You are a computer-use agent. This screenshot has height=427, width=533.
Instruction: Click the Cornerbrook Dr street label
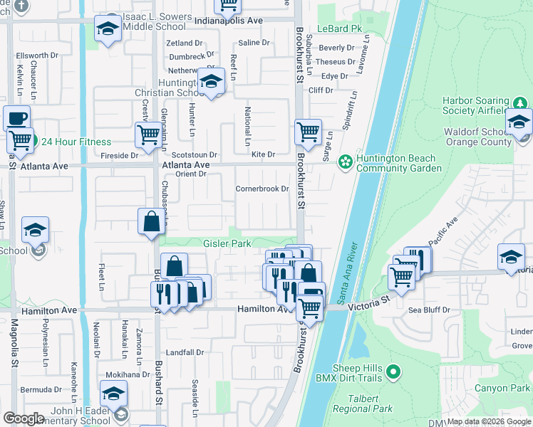point(262,189)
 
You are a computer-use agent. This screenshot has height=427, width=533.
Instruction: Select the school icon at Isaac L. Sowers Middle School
point(108,28)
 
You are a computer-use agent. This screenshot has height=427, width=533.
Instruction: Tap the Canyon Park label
point(503,388)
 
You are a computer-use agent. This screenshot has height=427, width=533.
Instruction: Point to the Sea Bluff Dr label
point(430,310)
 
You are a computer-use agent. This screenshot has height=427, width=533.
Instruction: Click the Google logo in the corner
point(24,418)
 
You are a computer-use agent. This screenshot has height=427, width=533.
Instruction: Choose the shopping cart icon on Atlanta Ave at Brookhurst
point(307,131)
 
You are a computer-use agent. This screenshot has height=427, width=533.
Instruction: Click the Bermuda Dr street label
point(41,389)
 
